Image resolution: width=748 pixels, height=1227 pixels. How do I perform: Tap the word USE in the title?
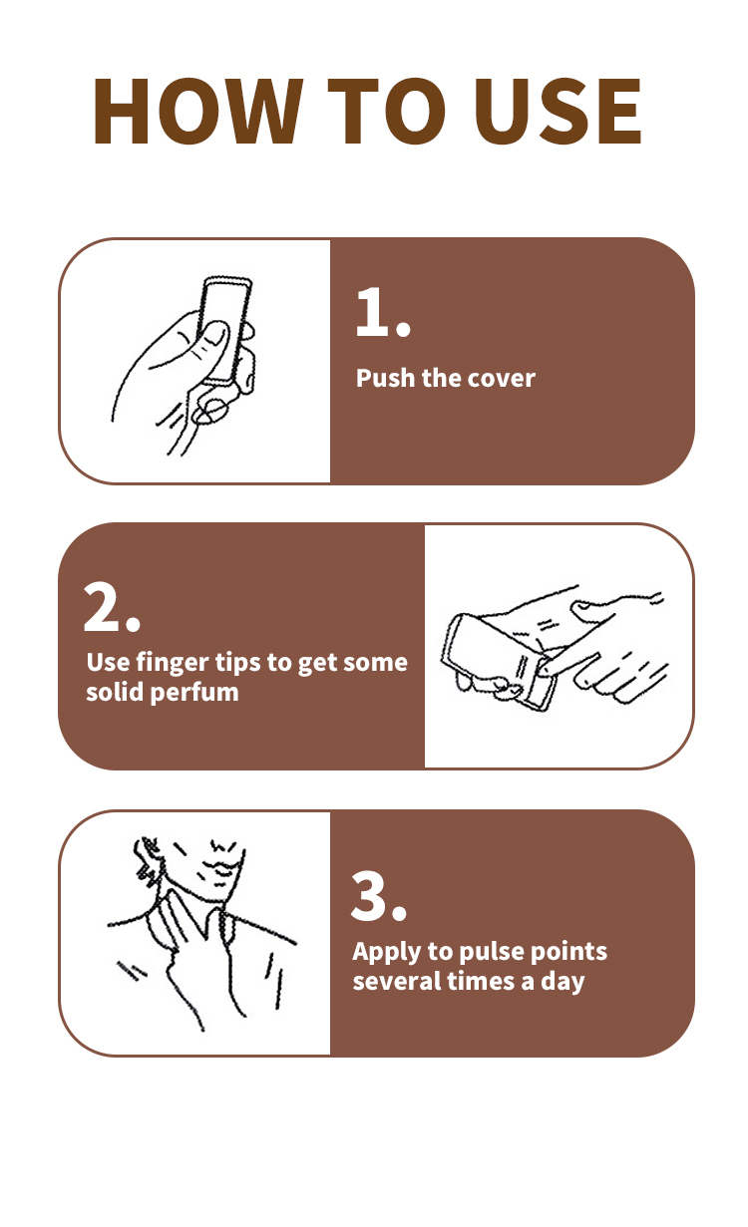[x=558, y=111]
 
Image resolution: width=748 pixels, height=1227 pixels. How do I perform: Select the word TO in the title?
[x=387, y=111]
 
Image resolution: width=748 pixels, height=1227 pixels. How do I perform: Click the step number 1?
[x=383, y=312]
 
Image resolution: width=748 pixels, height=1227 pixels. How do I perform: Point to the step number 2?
[x=112, y=607]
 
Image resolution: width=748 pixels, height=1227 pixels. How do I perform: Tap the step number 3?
[x=378, y=896]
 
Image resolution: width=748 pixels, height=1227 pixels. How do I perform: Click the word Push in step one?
[x=385, y=378]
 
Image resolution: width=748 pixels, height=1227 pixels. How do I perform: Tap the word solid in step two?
[x=115, y=692]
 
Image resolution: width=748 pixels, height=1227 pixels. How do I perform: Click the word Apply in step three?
[x=387, y=953]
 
